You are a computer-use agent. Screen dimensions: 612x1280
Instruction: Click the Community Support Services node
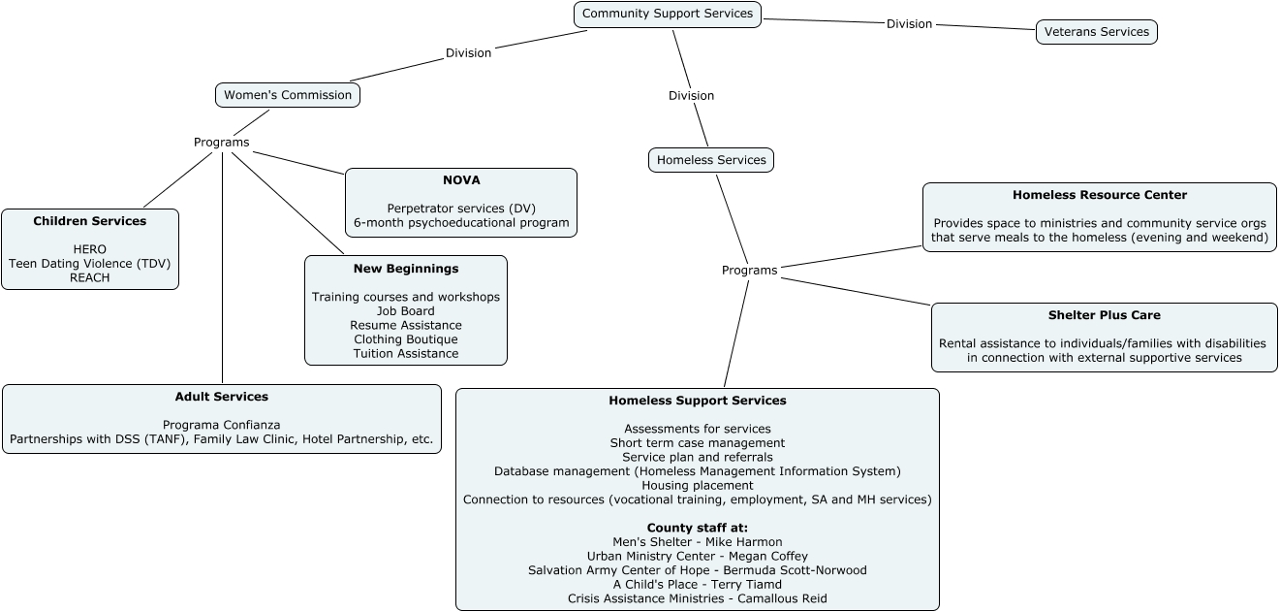(x=668, y=14)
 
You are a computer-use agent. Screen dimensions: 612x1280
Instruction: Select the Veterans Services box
(x=1096, y=32)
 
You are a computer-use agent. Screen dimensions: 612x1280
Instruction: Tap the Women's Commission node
(x=288, y=95)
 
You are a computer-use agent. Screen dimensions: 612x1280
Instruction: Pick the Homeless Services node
(x=711, y=160)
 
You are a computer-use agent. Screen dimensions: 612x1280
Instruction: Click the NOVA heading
(x=461, y=180)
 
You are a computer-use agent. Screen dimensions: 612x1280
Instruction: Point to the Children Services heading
(x=90, y=221)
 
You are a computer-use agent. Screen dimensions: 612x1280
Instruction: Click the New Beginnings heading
(x=406, y=269)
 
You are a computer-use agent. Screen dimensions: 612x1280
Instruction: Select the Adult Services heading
(x=222, y=397)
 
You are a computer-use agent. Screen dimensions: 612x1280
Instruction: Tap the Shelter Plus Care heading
(x=1104, y=315)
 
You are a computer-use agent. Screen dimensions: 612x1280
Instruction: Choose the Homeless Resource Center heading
(x=1100, y=195)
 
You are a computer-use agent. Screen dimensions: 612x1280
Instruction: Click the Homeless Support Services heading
(x=698, y=401)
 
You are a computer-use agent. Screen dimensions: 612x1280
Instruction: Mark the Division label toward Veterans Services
(x=909, y=24)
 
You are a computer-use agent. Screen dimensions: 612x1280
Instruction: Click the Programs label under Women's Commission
(x=221, y=143)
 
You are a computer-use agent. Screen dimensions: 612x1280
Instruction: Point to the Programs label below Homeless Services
(x=749, y=271)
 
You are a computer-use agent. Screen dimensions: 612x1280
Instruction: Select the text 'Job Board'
(x=406, y=311)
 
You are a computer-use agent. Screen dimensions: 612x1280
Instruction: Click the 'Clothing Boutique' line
(x=406, y=339)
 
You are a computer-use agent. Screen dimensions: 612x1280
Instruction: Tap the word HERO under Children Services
(x=90, y=249)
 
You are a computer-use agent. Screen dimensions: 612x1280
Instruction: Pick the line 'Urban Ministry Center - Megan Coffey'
(x=698, y=557)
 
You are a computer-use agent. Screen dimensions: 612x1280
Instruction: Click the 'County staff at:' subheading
(x=698, y=528)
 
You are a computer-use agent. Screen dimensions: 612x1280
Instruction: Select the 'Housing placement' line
(x=698, y=485)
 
